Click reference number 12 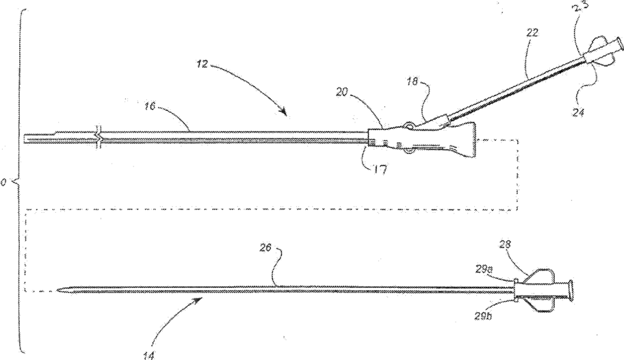tap(200, 63)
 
